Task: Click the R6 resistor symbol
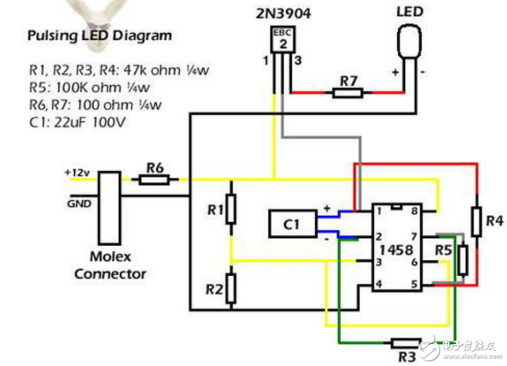point(159,179)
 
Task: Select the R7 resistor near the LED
point(348,93)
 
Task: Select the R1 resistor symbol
point(231,209)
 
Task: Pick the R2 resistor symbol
point(231,289)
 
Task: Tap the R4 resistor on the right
point(477,221)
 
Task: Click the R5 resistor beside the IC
point(462,259)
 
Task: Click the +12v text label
point(77,172)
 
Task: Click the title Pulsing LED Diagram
point(99,36)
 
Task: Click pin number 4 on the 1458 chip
point(379,284)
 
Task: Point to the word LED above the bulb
point(410,11)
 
